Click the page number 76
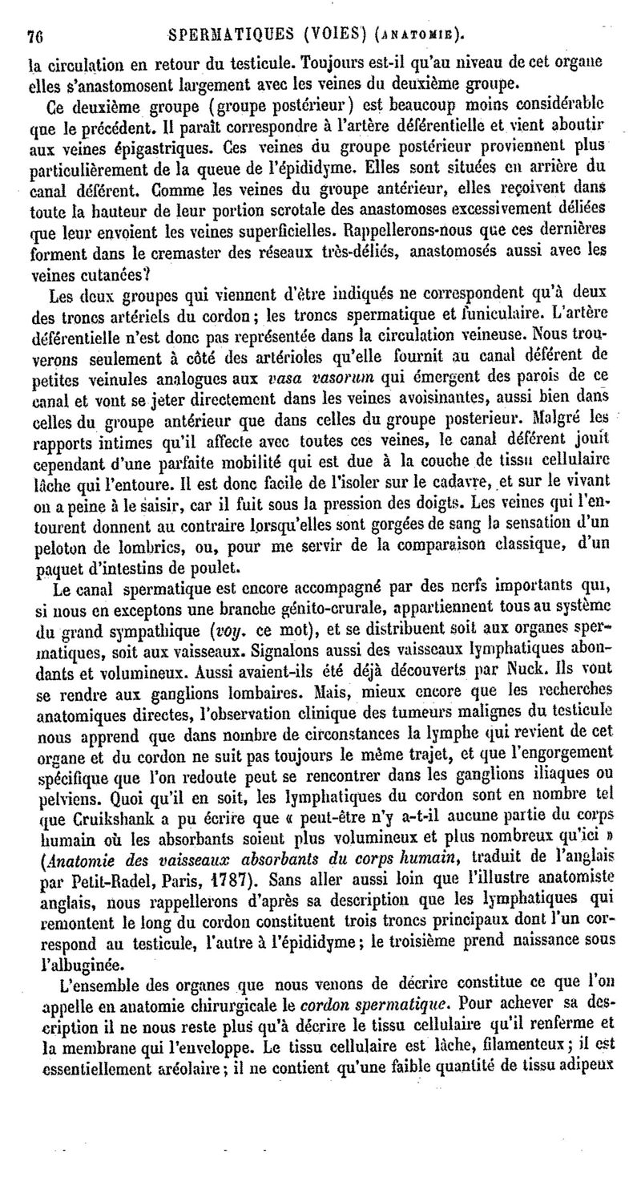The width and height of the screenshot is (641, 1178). [34, 35]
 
